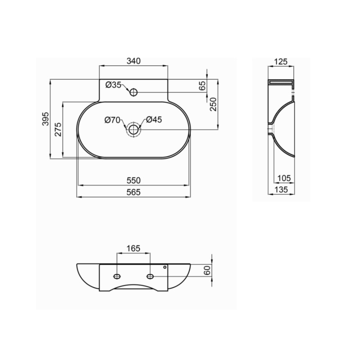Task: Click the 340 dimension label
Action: coord(133,61)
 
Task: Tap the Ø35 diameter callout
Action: coord(114,85)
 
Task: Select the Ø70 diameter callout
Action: coord(112,120)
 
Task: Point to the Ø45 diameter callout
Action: coord(154,120)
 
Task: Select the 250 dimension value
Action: coord(214,104)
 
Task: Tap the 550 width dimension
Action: coord(134,180)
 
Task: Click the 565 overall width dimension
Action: coord(134,192)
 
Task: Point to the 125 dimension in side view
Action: coord(281,61)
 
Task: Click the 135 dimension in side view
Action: coord(281,190)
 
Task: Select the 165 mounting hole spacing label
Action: coord(134,248)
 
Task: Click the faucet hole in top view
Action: coord(134,92)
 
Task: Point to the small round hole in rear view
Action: coord(165,268)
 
